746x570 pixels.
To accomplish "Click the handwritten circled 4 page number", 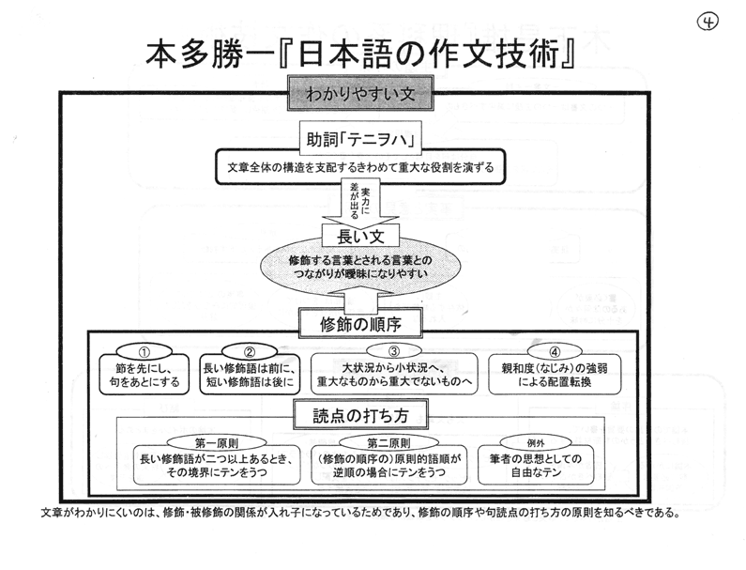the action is coord(708,21).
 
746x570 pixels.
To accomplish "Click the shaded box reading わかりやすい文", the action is coord(360,93).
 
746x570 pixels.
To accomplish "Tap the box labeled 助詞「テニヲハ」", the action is coord(360,140).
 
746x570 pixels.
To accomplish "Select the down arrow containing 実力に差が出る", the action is coord(360,202).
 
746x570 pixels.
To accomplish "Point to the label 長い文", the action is coord(360,237).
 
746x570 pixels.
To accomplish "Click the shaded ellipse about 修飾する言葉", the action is coord(360,267).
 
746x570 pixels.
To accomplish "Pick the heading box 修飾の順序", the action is coord(360,324).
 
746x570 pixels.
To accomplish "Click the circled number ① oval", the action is coord(144,352).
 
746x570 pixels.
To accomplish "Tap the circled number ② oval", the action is coord(250,352).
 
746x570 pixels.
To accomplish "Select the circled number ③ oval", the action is coord(394,351).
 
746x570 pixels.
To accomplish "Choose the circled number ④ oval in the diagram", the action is coord(555,352).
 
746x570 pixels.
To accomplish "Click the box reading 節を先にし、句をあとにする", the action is coord(145,375).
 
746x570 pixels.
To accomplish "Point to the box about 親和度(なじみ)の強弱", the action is coord(555,375).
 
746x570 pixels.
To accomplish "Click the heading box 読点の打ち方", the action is coord(360,415).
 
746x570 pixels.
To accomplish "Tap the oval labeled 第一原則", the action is coord(217,443).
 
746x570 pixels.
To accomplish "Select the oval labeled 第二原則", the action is coord(388,443).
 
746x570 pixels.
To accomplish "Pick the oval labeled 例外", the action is coord(536,443).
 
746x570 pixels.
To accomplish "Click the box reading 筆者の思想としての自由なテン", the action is coord(536,465).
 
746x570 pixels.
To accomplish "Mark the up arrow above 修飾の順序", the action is coord(360,298).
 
